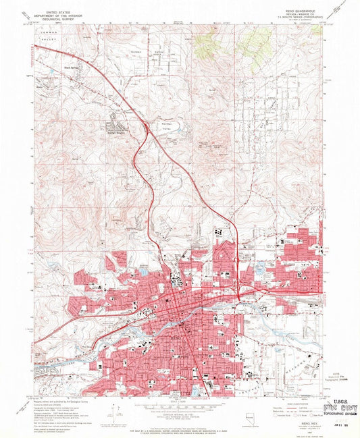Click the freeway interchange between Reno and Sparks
click(240, 295)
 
